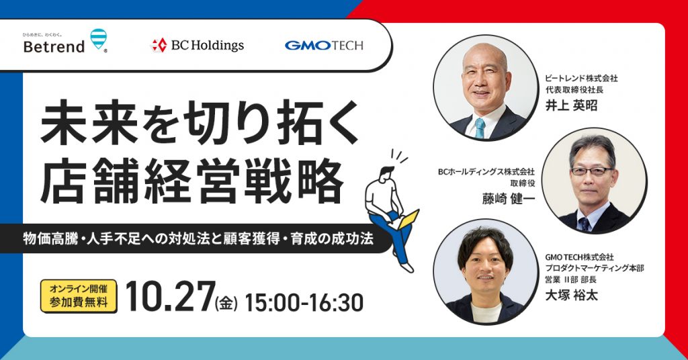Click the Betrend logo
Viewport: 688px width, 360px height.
(x=65, y=41)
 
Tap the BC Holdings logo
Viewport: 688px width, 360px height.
(x=197, y=45)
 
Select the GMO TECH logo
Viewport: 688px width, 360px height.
(x=324, y=45)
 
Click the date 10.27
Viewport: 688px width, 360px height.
(x=170, y=297)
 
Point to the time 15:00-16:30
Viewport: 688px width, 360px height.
(x=304, y=302)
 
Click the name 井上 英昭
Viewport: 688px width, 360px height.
(x=571, y=105)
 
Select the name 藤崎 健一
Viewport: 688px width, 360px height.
(x=509, y=199)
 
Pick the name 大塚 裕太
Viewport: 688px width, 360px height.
(x=571, y=295)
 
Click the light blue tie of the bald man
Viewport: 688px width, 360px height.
(x=480, y=128)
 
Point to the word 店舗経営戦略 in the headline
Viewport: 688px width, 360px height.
(x=193, y=181)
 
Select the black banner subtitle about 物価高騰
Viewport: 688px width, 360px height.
(x=198, y=238)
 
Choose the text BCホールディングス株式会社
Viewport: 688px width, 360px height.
(x=486, y=171)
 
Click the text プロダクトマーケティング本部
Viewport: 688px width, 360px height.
(x=595, y=268)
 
